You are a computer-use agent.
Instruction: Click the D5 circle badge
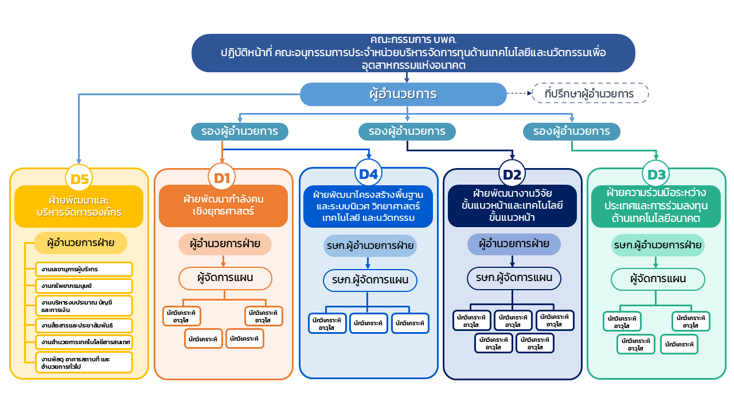(79, 179)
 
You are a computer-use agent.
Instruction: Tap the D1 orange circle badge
(222, 178)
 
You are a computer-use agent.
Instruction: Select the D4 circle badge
(368, 173)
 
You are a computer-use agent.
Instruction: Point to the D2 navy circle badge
(512, 174)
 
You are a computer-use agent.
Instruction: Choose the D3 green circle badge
(657, 174)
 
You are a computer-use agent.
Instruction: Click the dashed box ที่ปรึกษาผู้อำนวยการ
(590, 93)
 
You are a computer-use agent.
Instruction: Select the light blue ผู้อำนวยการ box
(403, 94)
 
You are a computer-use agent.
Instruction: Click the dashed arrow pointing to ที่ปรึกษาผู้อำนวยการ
(519, 93)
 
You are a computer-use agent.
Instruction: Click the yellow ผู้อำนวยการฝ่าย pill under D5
(81, 243)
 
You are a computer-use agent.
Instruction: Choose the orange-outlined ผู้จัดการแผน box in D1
(225, 279)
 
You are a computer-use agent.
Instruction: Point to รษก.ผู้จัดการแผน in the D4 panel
(369, 280)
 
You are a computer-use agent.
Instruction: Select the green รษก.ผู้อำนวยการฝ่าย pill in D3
(657, 246)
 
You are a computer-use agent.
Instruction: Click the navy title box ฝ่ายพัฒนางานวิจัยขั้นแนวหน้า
(513, 205)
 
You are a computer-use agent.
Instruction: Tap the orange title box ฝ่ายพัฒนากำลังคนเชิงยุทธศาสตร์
(223, 205)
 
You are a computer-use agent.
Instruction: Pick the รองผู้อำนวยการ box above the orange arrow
(240, 131)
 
